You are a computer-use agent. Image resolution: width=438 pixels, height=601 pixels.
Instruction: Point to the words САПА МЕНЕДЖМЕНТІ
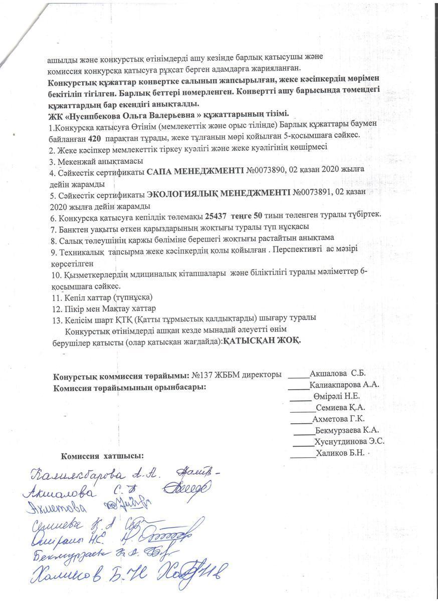tap(195, 173)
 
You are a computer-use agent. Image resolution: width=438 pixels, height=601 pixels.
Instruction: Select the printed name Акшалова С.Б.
tap(338, 374)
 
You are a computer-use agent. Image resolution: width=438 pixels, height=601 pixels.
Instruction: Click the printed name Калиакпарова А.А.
tap(344, 385)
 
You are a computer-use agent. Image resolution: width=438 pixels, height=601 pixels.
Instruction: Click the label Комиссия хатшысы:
tap(102, 456)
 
